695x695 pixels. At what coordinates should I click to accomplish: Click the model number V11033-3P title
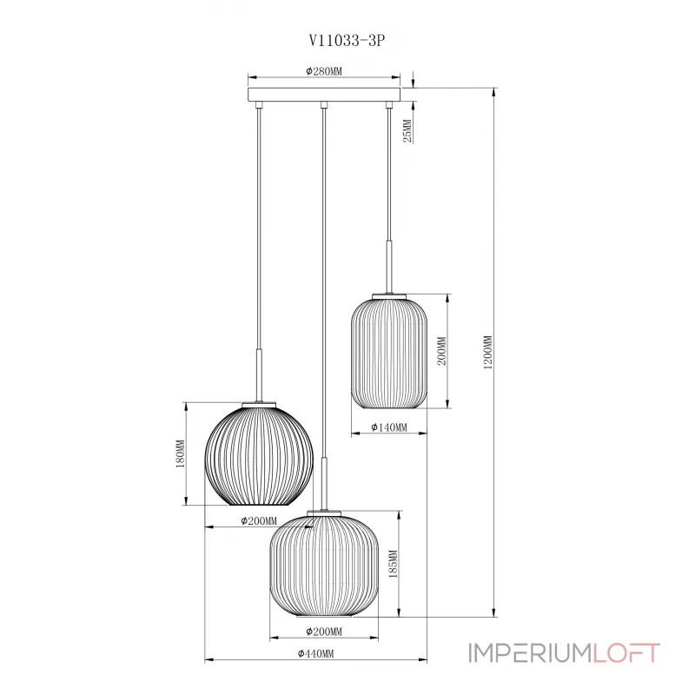click(x=347, y=41)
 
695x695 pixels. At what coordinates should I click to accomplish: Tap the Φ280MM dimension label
click(x=324, y=71)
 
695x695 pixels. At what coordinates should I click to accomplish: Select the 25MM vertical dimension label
click(x=407, y=130)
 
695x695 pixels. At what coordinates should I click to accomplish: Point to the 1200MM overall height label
click(x=487, y=353)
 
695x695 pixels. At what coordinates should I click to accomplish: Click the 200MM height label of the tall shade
click(x=442, y=351)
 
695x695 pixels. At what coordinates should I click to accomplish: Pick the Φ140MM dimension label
click(x=388, y=427)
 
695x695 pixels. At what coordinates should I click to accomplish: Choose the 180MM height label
click(x=181, y=453)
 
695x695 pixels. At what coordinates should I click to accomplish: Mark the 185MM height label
click(x=393, y=564)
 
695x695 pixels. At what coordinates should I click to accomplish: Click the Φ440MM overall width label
click(x=315, y=654)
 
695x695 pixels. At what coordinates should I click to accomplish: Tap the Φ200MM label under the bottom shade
click(x=324, y=632)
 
